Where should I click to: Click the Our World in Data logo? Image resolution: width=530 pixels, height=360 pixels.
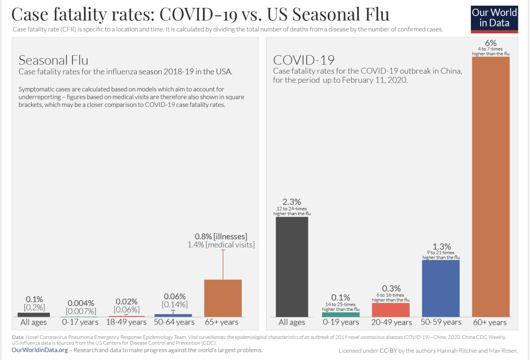click(x=494, y=19)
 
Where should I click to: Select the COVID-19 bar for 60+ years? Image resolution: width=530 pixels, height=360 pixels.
click(x=490, y=186)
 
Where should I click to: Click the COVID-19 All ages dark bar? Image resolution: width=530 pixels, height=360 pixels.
click(x=292, y=267)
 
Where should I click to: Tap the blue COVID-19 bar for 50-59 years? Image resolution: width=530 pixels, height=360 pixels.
click(x=441, y=288)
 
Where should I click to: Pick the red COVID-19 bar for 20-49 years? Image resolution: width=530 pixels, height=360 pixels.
click(x=391, y=310)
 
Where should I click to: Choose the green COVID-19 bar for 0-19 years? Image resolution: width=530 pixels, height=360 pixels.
click(x=340, y=315)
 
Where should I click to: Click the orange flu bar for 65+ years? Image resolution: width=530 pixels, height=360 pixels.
click(x=223, y=298)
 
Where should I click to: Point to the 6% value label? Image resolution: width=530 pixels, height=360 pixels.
click(x=490, y=43)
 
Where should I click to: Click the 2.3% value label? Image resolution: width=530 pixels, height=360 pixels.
click(x=292, y=202)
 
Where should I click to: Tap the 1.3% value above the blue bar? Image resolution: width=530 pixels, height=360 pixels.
click(x=442, y=246)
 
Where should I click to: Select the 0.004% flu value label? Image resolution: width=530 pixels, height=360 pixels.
click(x=81, y=303)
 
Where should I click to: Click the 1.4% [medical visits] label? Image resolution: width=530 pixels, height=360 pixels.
click(x=221, y=245)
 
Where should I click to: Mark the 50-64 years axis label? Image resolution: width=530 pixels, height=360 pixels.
click(x=174, y=322)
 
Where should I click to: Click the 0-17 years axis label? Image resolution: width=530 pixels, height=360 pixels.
click(x=80, y=322)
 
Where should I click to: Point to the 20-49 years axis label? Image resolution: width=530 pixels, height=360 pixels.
click(x=391, y=322)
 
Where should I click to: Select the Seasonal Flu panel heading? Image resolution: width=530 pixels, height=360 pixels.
click(x=54, y=60)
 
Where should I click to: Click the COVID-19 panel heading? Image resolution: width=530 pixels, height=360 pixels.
click(x=304, y=60)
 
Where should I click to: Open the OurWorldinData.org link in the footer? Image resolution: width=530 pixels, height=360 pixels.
click(x=40, y=350)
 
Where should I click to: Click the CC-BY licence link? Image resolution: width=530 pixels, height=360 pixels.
click(x=388, y=351)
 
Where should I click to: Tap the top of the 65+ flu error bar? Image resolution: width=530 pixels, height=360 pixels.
click(x=223, y=250)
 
